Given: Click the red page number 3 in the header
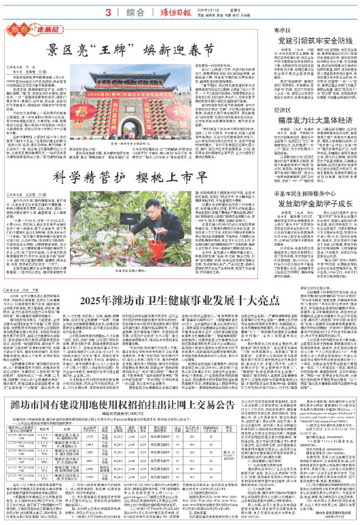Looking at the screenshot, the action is coord(108,12).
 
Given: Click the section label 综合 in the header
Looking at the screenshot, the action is coord(136,12).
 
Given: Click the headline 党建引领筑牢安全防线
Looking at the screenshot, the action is coord(309,43).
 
